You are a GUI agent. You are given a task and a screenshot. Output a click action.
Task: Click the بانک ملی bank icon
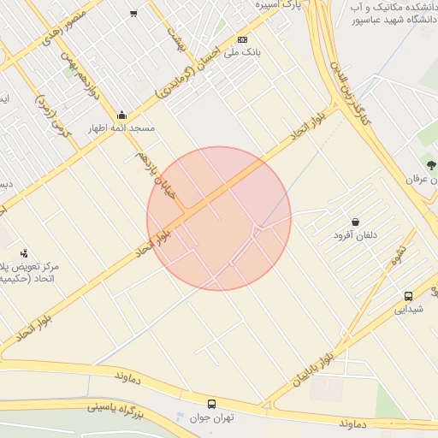(242, 39)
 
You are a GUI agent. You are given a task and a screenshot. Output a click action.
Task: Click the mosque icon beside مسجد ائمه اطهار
(121, 115)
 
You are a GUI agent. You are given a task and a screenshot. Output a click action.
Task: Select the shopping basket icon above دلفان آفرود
(354, 222)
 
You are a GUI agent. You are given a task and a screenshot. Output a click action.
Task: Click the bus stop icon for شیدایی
(407, 296)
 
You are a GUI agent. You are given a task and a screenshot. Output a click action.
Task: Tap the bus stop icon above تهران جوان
(211, 403)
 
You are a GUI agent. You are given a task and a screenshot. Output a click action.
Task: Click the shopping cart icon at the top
(133, 13)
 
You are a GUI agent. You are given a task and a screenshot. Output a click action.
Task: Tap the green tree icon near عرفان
(430, 165)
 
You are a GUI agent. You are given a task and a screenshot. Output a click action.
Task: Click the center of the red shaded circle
(219, 218)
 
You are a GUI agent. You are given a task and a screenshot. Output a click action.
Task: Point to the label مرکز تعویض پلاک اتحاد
(29, 272)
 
